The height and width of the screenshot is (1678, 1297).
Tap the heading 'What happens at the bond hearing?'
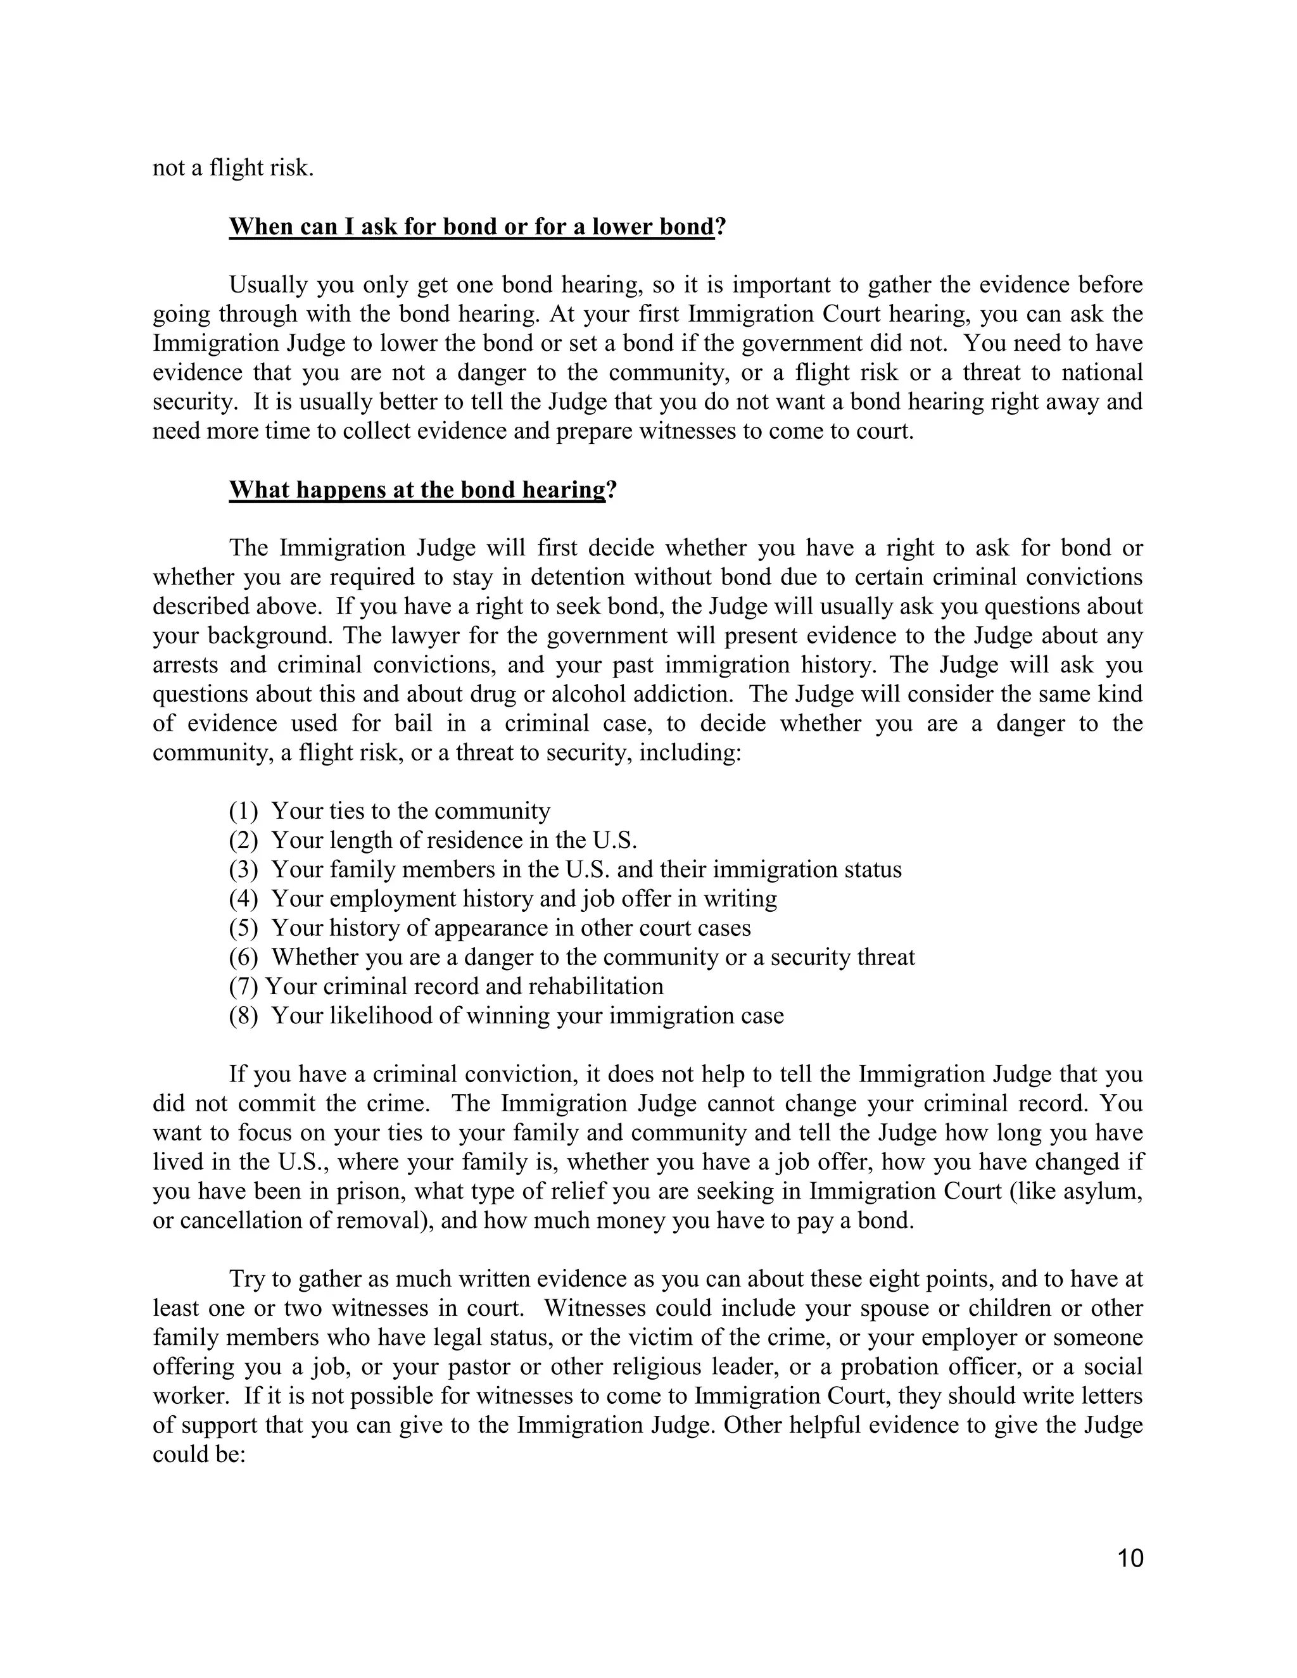pos(422,489)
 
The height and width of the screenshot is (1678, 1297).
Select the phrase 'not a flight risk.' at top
pos(233,168)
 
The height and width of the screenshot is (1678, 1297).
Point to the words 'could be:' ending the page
pos(198,1454)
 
